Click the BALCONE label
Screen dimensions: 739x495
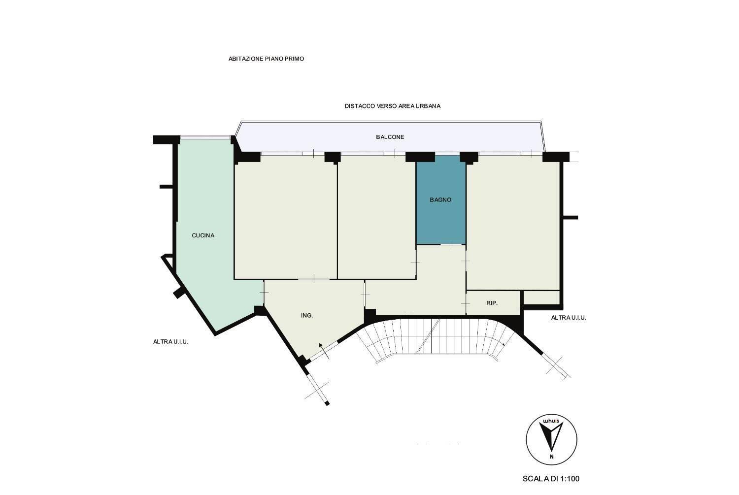(390, 137)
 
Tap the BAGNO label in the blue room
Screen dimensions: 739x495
(440, 200)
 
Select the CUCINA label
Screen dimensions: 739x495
(203, 235)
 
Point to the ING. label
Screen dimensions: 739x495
(307, 316)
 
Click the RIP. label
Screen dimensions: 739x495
(492, 303)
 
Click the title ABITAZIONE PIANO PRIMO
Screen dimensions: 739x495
(266, 59)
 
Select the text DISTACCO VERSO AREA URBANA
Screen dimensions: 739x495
(393, 106)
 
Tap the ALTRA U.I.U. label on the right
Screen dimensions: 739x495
(569, 318)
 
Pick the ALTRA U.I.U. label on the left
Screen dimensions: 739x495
(170, 342)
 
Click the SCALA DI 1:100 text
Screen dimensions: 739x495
(551, 479)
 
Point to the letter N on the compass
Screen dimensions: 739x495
(552, 457)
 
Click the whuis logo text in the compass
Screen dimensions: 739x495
(551, 421)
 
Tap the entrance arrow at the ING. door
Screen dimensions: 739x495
(324, 351)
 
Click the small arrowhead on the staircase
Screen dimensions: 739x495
(504, 344)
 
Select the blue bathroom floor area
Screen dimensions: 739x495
(441, 200)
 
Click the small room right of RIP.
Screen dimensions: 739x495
(542, 297)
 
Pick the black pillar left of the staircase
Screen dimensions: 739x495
(370, 316)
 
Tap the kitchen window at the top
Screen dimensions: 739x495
(205, 137)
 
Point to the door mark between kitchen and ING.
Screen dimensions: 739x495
(264, 293)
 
